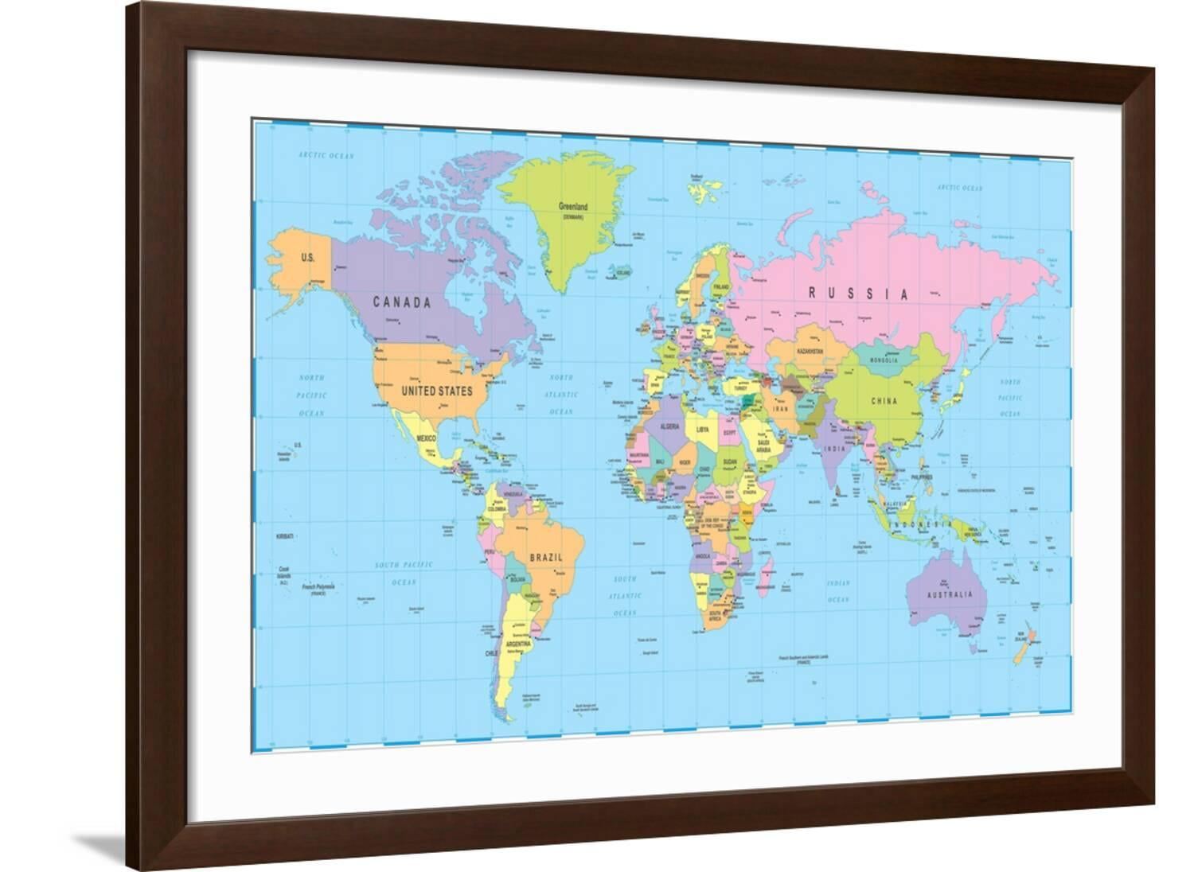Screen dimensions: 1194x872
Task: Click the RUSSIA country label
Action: [858, 294]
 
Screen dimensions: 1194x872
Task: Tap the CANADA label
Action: [402, 302]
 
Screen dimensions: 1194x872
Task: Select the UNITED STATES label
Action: [436, 391]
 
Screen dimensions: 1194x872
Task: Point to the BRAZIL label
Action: [547, 558]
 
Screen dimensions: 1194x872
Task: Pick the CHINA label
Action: [884, 401]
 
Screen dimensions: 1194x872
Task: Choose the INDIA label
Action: [833, 449]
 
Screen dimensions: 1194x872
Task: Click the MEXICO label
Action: [426, 438]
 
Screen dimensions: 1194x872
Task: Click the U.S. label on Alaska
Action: [307, 258]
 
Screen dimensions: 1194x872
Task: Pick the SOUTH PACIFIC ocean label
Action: [404, 564]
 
